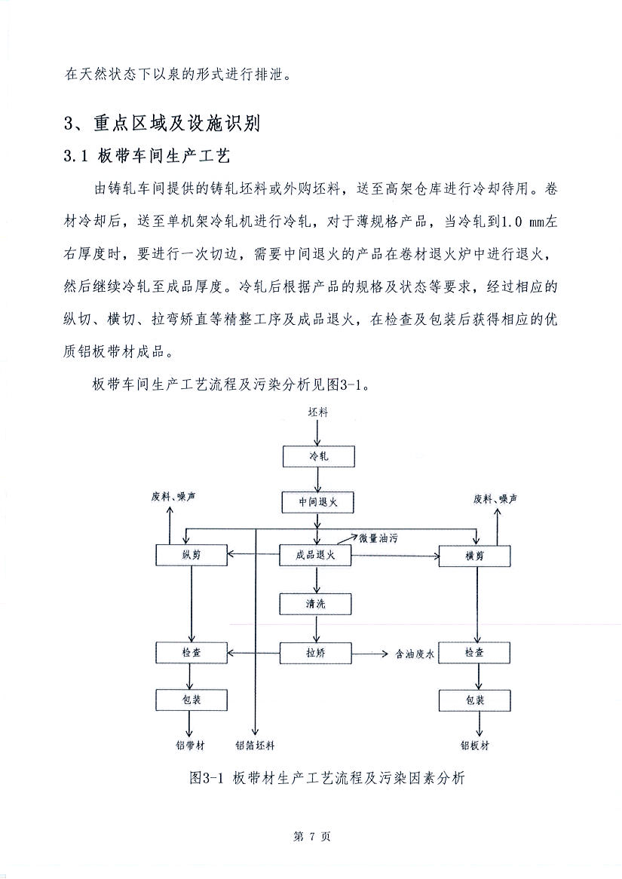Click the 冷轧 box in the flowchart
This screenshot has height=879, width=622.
pyautogui.click(x=317, y=457)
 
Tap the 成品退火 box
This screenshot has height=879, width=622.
pyautogui.click(x=317, y=556)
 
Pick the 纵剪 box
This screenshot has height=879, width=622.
pyautogui.click(x=192, y=556)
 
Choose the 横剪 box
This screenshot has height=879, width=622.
pyautogui.click(x=474, y=556)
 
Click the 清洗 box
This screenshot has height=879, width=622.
pyautogui.click(x=317, y=604)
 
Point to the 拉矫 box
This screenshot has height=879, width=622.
pyautogui.click(x=317, y=652)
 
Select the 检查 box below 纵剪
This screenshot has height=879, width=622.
pyautogui.click(x=192, y=652)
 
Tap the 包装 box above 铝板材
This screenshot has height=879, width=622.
pyautogui.click(x=474, y=700)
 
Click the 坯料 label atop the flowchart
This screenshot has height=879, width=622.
pyautogui.click(x=318, y=412)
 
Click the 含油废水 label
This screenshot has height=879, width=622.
pyautogui.click(x=412, y=654)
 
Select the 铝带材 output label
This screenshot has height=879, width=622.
pyautogui.click(x=190, y=746)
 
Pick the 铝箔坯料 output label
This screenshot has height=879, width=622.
pyautogui.click(x=255, y=746)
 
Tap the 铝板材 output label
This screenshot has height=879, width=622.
pyautogui.click(x=475, y=746)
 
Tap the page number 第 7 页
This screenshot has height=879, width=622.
pyautogui.click(x=311, y=837)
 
